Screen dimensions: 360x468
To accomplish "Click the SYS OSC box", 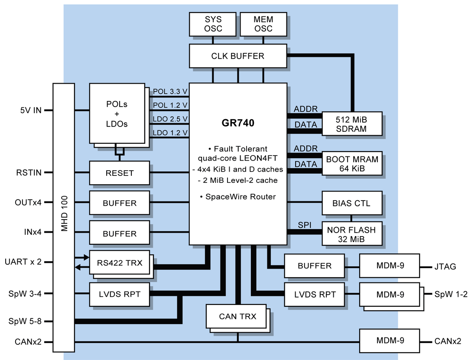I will [213, 24].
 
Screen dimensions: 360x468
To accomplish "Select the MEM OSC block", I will [263, 24].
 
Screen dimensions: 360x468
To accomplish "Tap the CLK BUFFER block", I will [238, 56].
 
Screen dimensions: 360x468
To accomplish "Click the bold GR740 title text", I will [238, 123].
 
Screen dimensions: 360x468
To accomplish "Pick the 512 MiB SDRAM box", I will [351, 124].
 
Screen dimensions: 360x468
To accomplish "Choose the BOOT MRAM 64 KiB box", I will [351, 163].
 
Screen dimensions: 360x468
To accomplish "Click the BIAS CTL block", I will [351, 203].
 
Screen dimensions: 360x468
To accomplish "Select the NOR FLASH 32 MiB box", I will [351, 234].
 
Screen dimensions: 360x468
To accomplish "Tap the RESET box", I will [120, 173].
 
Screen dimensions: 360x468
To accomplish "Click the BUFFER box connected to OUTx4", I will [120, 203].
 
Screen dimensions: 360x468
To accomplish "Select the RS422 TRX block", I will [119, 262].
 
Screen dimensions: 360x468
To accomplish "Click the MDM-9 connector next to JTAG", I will [390, 266].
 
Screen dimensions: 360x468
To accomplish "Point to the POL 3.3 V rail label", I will [170, 92].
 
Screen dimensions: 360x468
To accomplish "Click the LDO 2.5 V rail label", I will [170, 119].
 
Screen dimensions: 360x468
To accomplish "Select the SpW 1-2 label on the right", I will [451, 294].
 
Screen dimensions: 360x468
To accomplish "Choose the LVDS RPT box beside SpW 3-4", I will [120, 294].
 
